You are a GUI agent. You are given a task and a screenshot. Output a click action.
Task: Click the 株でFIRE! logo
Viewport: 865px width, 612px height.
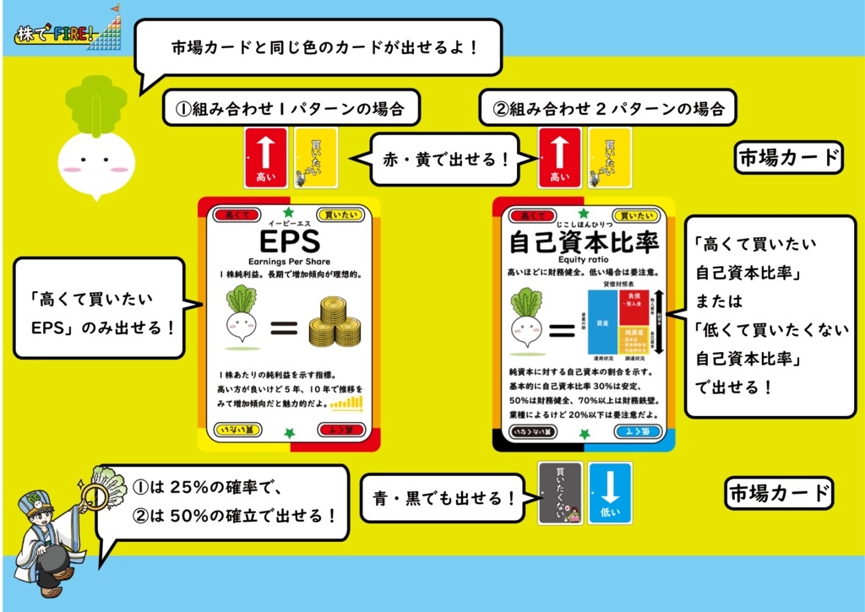[x=57, y=35]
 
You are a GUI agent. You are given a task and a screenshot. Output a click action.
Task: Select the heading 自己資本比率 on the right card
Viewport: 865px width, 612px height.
[x=584, y=242]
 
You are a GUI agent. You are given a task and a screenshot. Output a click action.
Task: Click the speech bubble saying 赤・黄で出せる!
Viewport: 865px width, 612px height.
[x=443, y=158]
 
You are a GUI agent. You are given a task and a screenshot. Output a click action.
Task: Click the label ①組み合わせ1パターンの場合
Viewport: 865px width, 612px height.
[x=289, y=108]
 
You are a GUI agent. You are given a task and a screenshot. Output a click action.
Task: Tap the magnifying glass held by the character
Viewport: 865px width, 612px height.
[x=92, y=490]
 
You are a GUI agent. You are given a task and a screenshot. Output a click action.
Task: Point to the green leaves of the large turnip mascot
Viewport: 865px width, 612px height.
[x=90, y=106]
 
